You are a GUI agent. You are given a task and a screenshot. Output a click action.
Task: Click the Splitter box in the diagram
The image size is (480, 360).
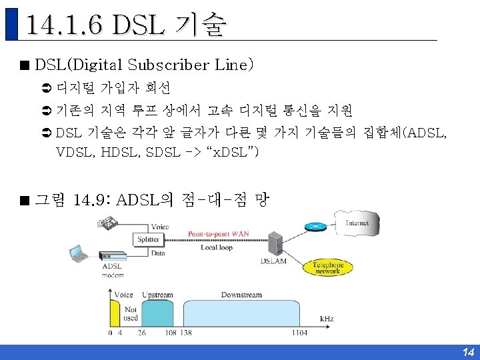point(148,239)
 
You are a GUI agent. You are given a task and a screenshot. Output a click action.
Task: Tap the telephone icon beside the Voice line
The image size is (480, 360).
point(109,225)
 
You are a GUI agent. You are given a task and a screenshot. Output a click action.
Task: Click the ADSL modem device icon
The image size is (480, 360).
point(113,256)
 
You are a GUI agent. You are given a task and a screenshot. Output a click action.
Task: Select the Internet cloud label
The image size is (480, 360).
point(357,223)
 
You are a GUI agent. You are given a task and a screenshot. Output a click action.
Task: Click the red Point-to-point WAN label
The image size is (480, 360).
point(218,234)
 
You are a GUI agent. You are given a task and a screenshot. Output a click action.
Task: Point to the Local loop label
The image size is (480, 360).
point(216,247)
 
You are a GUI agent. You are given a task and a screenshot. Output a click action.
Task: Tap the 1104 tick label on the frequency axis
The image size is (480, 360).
point(300,332)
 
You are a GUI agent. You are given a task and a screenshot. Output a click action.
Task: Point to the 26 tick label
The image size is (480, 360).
point(143,332)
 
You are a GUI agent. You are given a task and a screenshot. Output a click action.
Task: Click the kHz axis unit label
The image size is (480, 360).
point(327,319)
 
